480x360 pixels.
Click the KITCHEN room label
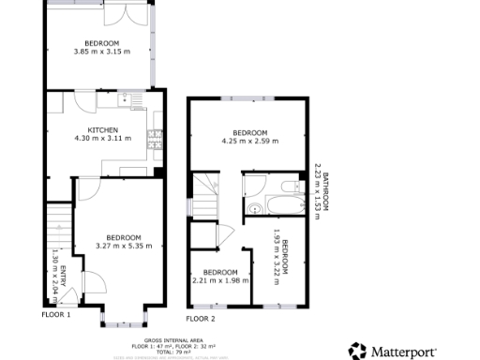point(102,129)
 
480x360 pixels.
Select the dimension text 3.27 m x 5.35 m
point(123,246)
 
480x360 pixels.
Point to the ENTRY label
point(64,277)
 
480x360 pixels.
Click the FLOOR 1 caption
point(55,315)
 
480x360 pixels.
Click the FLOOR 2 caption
point(200,319)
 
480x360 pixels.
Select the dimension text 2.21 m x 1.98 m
point(217,280)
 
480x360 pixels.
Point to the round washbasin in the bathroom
point(256,209)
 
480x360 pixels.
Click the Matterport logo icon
point(358,352)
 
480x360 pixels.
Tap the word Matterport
point(404,352)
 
